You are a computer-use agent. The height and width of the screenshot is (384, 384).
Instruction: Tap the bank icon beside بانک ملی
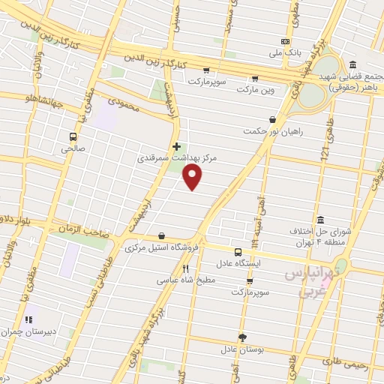[x=285, y=41]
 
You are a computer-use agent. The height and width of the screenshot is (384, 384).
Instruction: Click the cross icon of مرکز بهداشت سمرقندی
[x=176, y=145]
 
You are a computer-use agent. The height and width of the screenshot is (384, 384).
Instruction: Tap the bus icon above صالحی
[x=73, y=136]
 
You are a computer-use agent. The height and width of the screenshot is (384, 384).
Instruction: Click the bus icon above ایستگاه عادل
[x=237, y=252]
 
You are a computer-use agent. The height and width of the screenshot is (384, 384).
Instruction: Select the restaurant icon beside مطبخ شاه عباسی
[x=185, y=268]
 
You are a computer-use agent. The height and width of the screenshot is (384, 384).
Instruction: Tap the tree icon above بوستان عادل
[x=241, y=337]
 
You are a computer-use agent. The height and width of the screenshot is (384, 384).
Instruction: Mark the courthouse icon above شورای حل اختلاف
[x=321, y=220]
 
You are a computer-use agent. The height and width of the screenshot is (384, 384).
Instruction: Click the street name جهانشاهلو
[x=28, y=98]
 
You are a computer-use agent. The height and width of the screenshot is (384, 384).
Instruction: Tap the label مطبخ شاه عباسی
[x=185, y=280]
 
